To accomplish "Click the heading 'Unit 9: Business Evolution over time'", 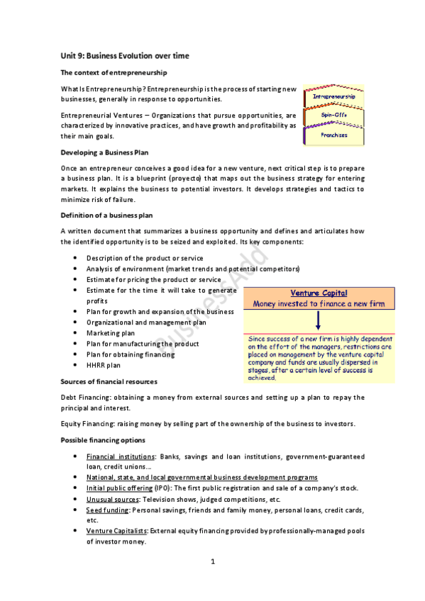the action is [x=124, y=55].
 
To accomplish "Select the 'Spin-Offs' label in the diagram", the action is [x=334, y=115].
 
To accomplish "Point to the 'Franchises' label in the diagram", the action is [x=334, y=135].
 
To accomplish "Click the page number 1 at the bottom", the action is [x=212, y=562].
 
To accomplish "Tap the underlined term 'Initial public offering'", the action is [x=119, y=488].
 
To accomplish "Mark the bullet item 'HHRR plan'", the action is [x=104, y=366].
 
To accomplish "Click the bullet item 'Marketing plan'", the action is [x=110, y=333].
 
